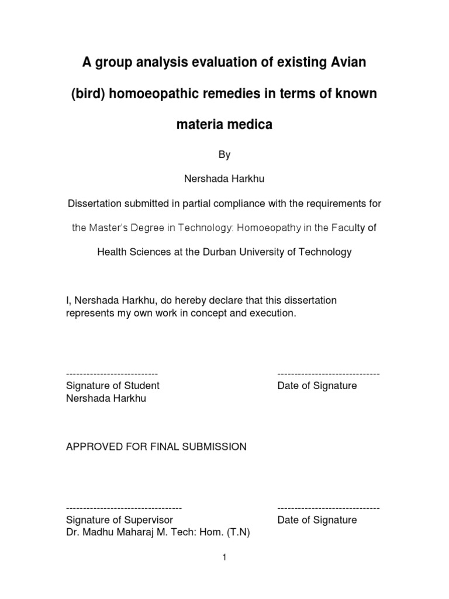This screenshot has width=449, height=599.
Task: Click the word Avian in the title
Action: (x=346, y=62)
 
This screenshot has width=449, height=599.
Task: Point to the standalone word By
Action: (x=224, y=155)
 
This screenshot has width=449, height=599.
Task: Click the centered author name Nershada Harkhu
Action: (x=224, y=179)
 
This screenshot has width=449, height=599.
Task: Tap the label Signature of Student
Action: (x=113, y=386)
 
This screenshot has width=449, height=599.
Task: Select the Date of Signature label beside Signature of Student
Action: (x=317, y=386)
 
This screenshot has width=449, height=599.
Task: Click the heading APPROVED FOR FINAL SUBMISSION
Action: (x=156, y=447)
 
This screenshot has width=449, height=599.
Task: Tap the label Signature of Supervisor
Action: (x=119, y=520)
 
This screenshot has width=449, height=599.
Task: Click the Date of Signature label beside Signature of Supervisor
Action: (x=317, y=520)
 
